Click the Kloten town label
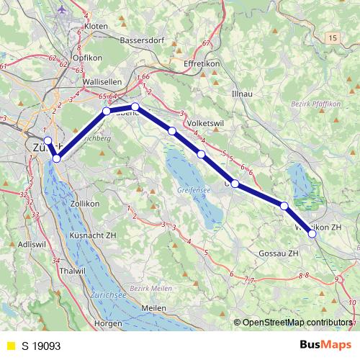[96, 26]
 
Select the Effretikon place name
[207, 63]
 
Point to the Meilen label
[154, 308]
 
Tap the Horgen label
[108, 323]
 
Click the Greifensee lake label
[192, 190]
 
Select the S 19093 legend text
[41, 346]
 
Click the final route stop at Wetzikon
[312, 233]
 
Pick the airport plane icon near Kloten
[61, 10]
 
